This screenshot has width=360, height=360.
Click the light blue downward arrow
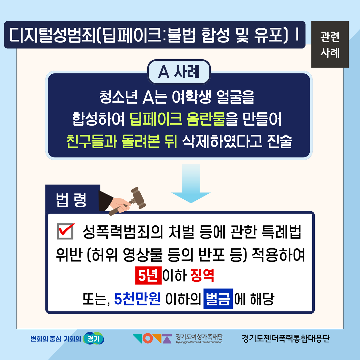191,183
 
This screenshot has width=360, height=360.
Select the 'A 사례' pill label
179,72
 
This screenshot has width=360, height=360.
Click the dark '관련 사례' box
330,44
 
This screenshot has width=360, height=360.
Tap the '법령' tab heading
71,200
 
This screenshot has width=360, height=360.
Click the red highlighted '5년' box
148,275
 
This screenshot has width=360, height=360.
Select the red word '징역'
202,275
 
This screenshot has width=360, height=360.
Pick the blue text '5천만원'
137,299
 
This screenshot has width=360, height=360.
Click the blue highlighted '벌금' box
218,299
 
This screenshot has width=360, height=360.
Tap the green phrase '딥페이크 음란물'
177,119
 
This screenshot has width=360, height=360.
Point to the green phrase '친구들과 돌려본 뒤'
122,141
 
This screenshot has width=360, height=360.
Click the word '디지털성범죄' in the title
52,35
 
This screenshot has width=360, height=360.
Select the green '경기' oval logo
93,338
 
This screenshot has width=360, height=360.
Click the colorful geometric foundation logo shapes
152,339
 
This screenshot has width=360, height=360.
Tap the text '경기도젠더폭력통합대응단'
286,338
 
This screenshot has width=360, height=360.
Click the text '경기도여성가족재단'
199,337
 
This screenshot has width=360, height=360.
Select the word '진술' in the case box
279,141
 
